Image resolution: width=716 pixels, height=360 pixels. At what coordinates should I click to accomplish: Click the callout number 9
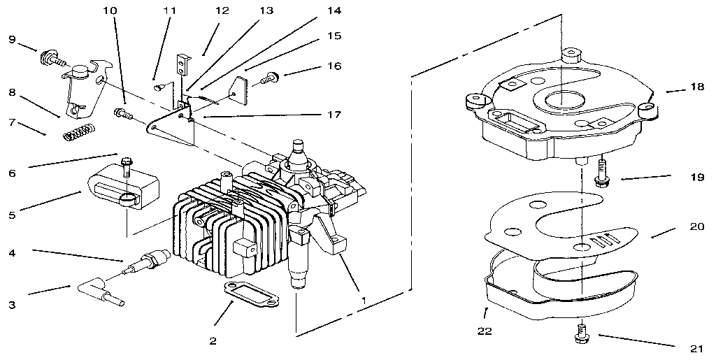pyautogui.click(x=11, y=39)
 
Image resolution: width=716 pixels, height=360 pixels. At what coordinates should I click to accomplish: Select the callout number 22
pyautogui.click(x=483, y=331)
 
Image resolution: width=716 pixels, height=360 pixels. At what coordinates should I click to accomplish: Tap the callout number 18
pyautogui.click(x=695, y=88)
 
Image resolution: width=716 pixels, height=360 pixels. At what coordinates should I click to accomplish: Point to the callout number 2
pyautogui.click(x=213, y=341)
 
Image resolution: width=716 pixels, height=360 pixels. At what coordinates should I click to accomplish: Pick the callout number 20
pyautogui.click(x=695, y=226)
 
